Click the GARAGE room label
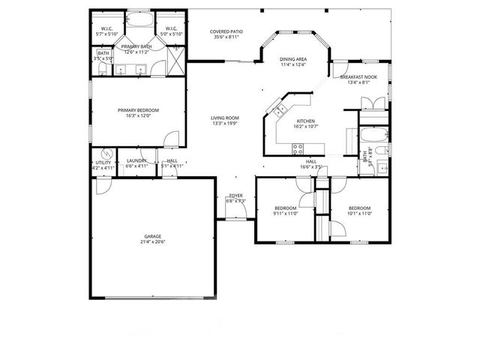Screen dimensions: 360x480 [x=152, y=236]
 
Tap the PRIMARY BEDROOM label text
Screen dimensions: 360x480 [x=139, y=110]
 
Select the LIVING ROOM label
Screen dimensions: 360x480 [x=223, y=118]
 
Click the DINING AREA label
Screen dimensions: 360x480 [x=293, y=58]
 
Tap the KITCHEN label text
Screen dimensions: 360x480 [x=305, y=121]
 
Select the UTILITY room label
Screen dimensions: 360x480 [x=103, y=163]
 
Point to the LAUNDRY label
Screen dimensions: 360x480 [x=136, y=160]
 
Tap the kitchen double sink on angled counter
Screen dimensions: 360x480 [x=278, y=110]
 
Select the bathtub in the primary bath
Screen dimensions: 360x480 [x=137, y=20]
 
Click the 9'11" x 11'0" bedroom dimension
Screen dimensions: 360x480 [x=286, y=213]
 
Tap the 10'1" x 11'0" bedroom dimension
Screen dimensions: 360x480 [x=359, y=213]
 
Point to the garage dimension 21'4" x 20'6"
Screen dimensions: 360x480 [x=152, y=241]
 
